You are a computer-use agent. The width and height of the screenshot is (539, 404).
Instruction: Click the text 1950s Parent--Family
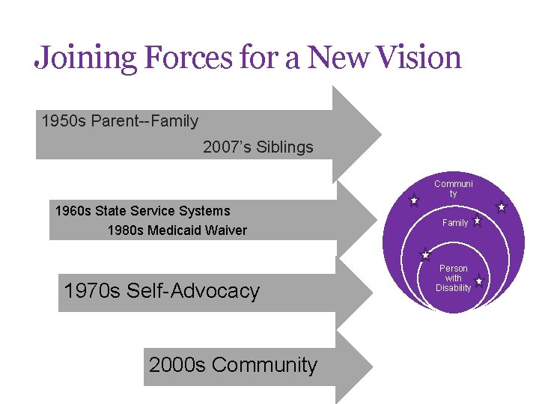[120, 120]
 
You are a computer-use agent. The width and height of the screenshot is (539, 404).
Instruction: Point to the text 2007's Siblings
[258, 147]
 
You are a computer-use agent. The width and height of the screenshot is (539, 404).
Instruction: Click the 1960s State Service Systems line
[142, 211]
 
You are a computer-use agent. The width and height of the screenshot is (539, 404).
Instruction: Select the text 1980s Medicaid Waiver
[177, 230]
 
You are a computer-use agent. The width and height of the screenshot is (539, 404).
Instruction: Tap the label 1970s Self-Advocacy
[162, 291]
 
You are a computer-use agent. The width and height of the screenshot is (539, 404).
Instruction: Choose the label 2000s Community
[233, 365]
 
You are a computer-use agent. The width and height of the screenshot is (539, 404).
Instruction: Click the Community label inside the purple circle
[453, 189]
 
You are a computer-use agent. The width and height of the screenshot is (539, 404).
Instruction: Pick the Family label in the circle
[454, 223]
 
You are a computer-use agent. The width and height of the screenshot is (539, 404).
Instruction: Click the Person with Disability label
[454, 278]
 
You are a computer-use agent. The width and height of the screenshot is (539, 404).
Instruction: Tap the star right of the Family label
[477, 222]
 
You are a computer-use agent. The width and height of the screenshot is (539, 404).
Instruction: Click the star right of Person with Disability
[478, 281]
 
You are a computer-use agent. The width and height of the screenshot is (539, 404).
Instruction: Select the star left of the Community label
[414, 201]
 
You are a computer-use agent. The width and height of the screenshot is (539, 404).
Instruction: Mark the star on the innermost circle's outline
[425, 254]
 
